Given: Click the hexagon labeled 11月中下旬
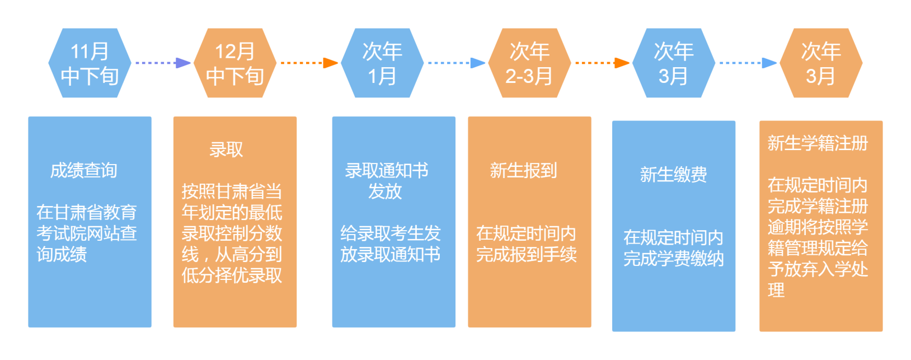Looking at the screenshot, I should coord(90,63).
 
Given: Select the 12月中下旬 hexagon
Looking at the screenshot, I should coord(235,63).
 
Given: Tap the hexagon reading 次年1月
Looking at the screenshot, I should coord(382,63).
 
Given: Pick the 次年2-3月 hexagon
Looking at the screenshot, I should coord(529,63).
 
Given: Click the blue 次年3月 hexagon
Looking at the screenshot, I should coord(674,63).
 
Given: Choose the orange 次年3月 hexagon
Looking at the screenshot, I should coord(821,63).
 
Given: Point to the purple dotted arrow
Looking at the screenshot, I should coord(163,63).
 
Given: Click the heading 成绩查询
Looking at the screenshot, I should coord(84,170).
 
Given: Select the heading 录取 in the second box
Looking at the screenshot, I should coord(226,149).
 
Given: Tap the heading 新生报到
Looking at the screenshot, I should coord(523,170).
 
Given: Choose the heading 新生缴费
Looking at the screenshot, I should coord(673,175).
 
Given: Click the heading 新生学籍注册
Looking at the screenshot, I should coord(818,143).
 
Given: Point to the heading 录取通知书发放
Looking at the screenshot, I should coord(386,180).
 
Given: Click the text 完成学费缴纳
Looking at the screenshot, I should coord(674,259).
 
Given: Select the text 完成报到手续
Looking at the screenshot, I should coord(526,254).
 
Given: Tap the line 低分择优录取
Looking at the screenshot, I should coord(232,275).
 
